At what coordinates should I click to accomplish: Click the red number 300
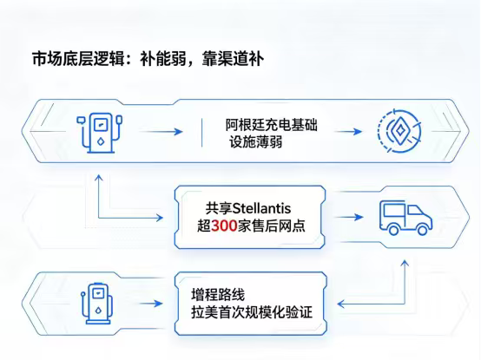(x=224, y=226)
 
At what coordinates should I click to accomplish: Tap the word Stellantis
(x=261, y=208)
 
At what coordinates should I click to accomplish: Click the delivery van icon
(x=405, y=218)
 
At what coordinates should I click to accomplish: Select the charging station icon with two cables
(x=99, y=133)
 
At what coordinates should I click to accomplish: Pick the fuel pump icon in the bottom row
(x=97, y=303)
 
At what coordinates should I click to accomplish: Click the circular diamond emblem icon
(x=399, y=131)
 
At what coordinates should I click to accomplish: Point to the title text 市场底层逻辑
(x=78, y=58)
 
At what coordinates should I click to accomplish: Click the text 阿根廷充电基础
(x=272, y=125)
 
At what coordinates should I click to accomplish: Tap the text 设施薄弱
(x=256, y=142)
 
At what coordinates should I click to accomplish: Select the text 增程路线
(x=218, y=295)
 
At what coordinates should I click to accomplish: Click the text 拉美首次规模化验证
(x=252, y=312)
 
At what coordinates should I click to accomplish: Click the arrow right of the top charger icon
(x=161, y=132)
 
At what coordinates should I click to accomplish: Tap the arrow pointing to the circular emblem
(x=348, y=132)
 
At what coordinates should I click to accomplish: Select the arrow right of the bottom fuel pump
(x=151, y=304)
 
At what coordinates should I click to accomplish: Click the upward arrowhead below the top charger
(x=98, y=178)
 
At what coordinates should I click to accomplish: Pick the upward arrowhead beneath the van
(x=405, y=263)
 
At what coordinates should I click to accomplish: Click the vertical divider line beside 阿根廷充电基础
(x=201, y=133)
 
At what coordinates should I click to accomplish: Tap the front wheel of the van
(x=423, y=230)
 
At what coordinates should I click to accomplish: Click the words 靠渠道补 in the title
(x=233, y=58)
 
